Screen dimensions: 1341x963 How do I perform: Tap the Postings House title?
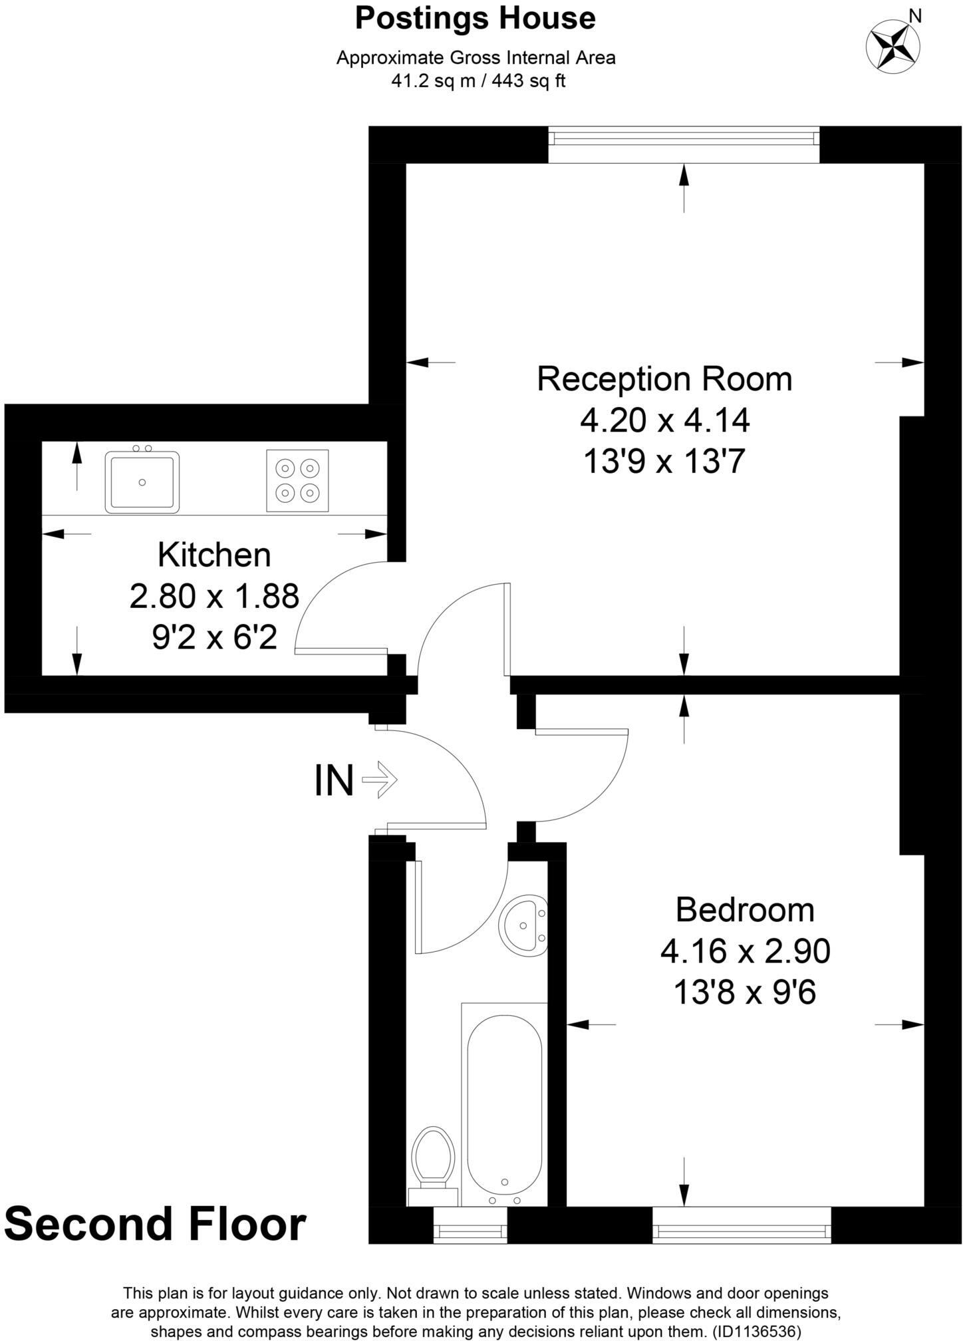click(x=475, y=19)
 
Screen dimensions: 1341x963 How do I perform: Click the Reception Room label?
click(x=664, y=379)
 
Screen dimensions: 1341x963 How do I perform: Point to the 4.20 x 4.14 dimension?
click(x=664, y=420)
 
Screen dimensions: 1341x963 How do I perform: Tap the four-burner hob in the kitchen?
click(x=297, y=481)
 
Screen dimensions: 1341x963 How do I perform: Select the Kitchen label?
click(x=214, y=555)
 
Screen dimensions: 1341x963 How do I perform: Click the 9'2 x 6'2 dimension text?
click(x=214, y=639)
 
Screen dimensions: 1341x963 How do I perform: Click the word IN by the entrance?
click(x=334, y=781)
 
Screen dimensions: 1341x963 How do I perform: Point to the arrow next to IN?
click(x=380, y=780)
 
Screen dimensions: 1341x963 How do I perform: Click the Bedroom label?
click(x=744, y=910)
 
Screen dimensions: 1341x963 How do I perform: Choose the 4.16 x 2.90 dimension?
click(x=744, y=951)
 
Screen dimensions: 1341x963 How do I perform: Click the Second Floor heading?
click(x=156, y=1224)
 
